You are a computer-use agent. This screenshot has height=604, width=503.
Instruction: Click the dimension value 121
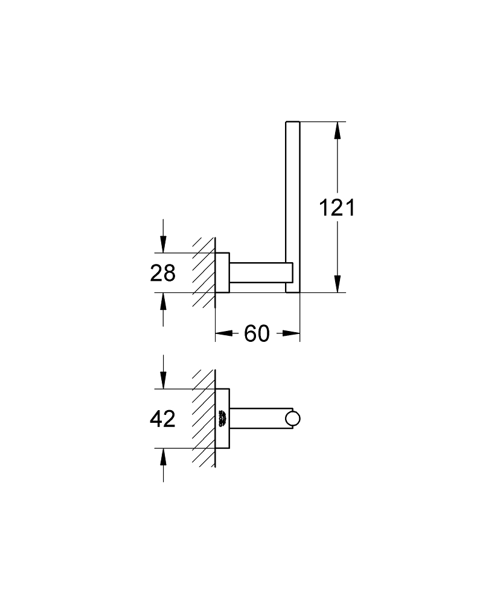coord(337,208)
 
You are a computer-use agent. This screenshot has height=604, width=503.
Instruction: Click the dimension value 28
coord(162,274)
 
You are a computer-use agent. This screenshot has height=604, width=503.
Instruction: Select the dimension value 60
coord(257,333)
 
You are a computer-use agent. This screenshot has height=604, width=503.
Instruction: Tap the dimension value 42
coord(162,419)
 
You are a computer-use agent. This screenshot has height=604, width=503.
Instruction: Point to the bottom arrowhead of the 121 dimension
coord(338,284)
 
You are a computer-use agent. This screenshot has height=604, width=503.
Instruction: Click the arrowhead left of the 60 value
coord(224,333)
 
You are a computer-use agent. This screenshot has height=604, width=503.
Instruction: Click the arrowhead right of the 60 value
coord(292,333)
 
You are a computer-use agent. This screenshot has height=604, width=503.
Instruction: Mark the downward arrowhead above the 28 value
coord(162,245)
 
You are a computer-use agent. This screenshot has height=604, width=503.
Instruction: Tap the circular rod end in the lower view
coord(294,419)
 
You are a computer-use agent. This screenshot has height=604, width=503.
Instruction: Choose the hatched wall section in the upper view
coord(204,272)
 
